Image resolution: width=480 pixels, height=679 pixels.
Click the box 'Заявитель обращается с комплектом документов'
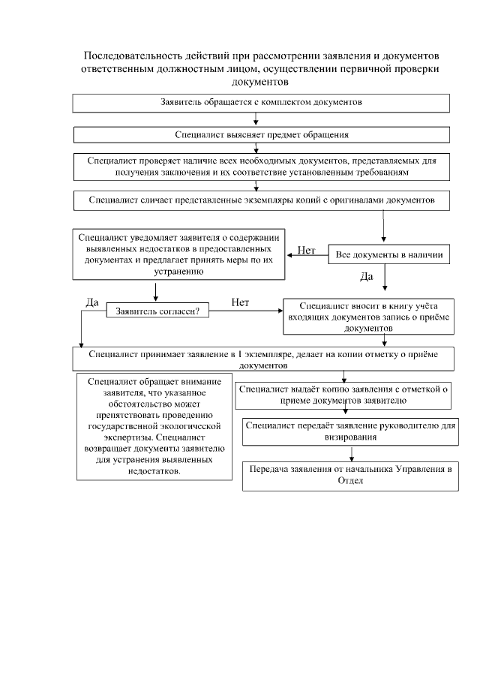[261, 102]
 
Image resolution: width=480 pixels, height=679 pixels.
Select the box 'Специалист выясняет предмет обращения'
[261, 134]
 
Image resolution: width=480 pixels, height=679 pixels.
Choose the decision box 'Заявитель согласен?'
[157, 310]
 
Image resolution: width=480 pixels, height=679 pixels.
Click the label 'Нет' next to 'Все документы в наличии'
[306, 251]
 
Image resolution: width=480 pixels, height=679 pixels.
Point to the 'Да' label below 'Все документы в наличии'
[367, 276]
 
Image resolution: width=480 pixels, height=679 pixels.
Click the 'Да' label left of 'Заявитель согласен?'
[92, 302]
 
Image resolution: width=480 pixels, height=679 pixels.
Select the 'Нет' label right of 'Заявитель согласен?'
[240, 302]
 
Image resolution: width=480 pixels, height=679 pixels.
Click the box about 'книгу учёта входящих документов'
[363, 317]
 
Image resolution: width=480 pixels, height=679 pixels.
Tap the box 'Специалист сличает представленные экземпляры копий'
[261, 200]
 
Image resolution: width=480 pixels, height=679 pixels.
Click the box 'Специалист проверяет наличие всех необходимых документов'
[261, 167]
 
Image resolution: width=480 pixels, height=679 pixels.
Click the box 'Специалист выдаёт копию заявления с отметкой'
[343, 395]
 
